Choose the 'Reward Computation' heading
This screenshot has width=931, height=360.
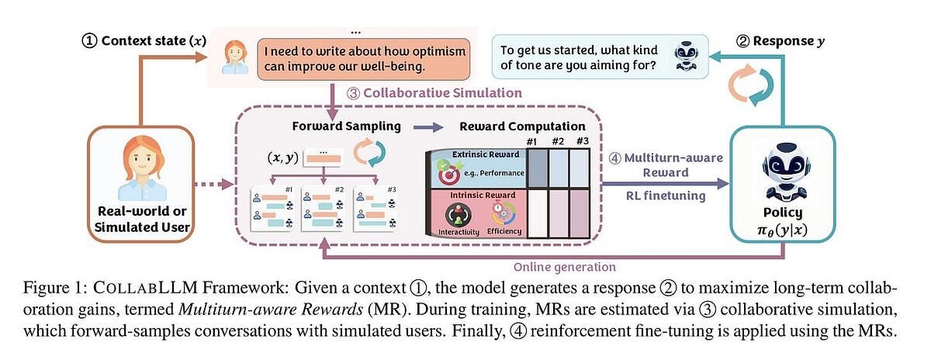pyautogui.click(x=523, y=126)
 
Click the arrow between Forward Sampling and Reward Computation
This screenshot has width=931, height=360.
pyautogui.click(x=425, y=126)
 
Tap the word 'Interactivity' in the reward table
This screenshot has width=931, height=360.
pyautogui.click(x=458, y=231)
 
